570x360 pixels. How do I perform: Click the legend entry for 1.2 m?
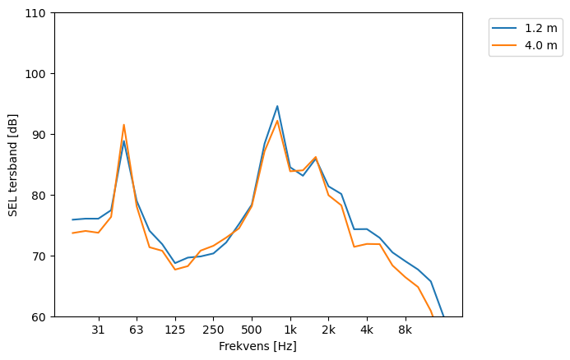click(x=540, y=28)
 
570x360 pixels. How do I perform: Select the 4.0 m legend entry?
click(x=540, y=45)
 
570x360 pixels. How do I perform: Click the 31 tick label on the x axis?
click(x=98, y=330)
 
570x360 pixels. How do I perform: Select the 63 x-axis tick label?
click(x=137, y=330)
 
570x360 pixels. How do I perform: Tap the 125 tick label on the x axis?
click(x=175, y=330)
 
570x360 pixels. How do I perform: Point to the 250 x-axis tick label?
click(x=213, y=330)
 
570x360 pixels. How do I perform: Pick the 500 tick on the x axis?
click(x=252, y=330)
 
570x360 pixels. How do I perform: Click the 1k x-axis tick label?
click(x=290, y=330)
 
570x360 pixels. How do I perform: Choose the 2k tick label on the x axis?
click(x=328, y=330)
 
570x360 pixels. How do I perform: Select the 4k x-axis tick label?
click(x=367, y=330)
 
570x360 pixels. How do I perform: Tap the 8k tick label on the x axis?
click(x=405, y=330)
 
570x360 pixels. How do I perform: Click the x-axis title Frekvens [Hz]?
click(x=257, y=346)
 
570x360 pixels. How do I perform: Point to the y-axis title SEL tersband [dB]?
click(x=12, y=164)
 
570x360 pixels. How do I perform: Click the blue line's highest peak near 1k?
click(x=277, y=106)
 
